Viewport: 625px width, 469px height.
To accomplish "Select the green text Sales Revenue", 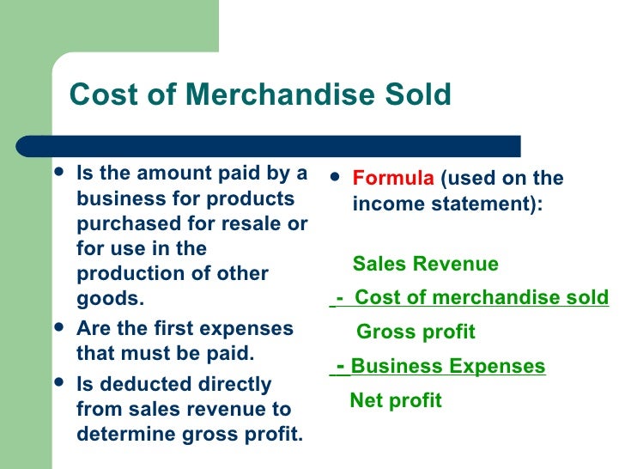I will pos(425,264).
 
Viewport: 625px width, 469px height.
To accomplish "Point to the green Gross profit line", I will pos(416,332).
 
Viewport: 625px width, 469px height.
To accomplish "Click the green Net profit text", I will pos(396,399).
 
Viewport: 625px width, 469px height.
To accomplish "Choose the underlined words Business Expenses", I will pos(448,367).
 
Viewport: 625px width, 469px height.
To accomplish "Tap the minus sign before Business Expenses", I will pos(341,366).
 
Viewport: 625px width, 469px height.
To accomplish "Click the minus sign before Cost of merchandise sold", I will pos(341,298).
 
